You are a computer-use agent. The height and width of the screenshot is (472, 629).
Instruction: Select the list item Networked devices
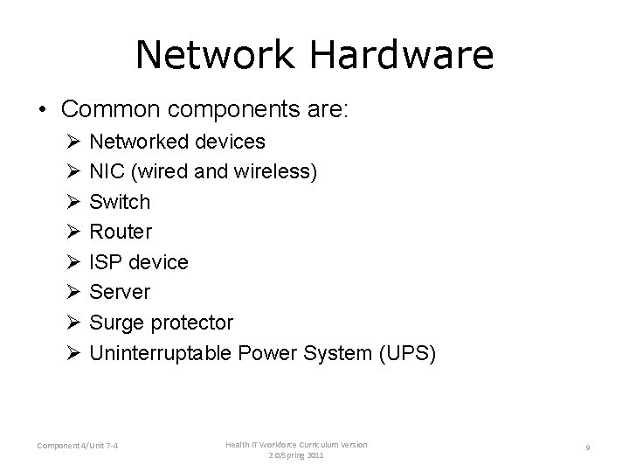click(178, 141)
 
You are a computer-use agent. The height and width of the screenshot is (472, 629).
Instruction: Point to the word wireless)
click(276, 171)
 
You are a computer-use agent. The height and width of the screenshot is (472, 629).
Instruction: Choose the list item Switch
click(121, 202)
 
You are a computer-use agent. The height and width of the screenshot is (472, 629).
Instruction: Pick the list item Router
click(121, 232)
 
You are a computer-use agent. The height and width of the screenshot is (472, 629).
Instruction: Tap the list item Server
click(121, 292)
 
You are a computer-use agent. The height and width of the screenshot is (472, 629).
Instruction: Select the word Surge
click(119, 323)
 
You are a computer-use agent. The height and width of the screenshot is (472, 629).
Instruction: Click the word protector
click(194, 323)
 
